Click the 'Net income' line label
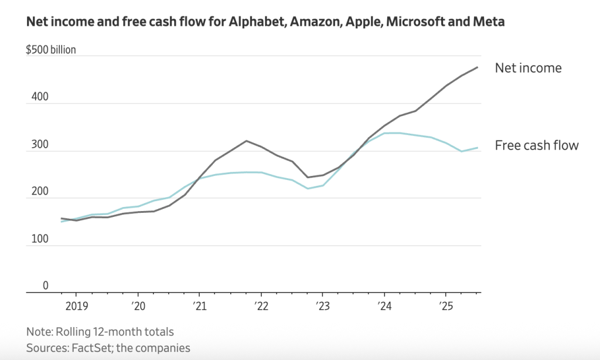528,68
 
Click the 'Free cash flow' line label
536,145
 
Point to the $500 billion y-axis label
50,50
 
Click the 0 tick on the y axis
45,286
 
